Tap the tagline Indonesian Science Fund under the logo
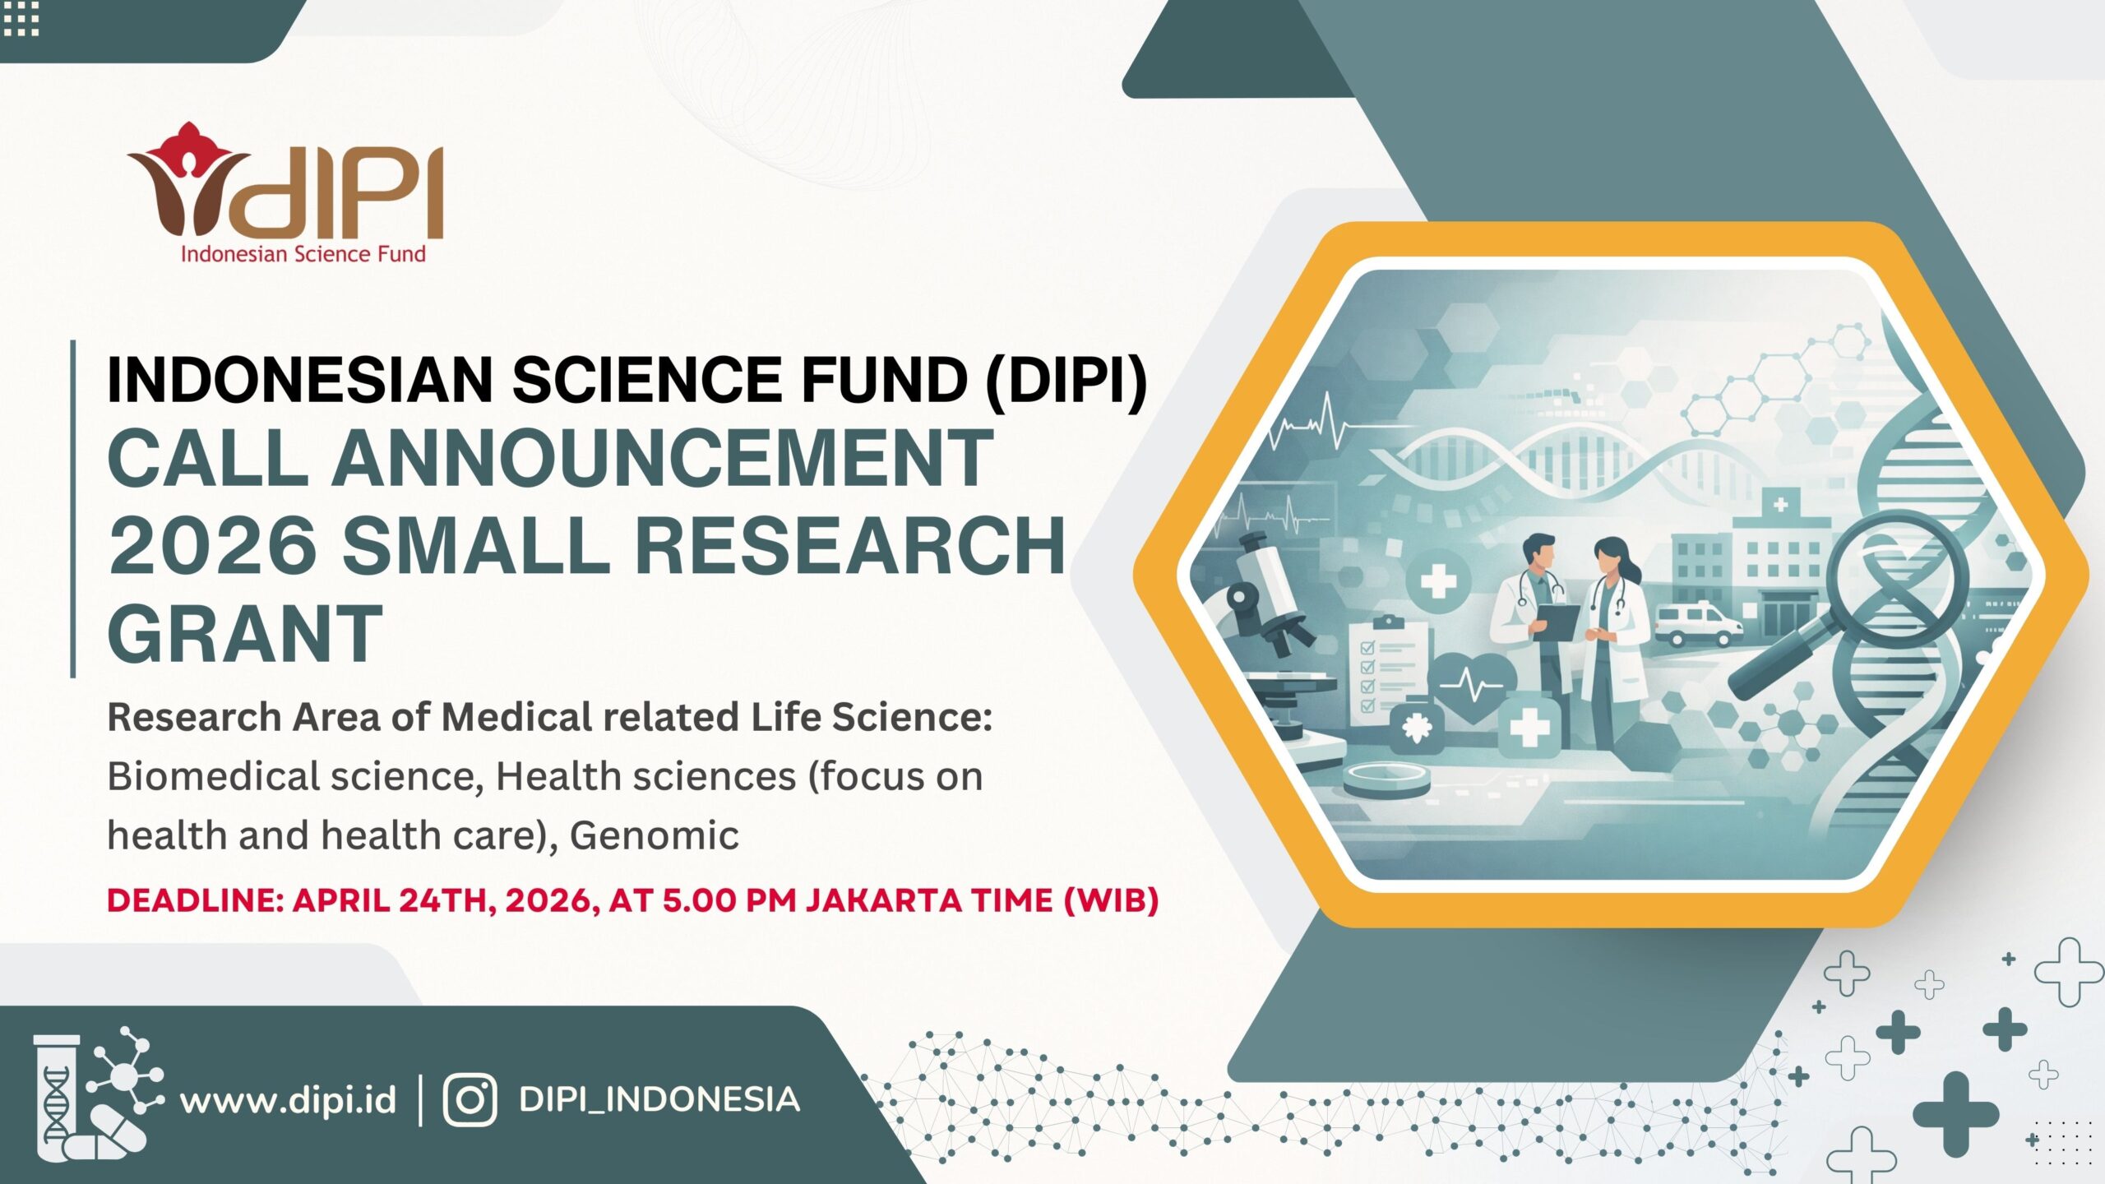pyautogui.click(x=303, y=254)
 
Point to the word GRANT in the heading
pyautogui.click(x=245, y=632)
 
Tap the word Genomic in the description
pyautogui.click(x=655, y=836)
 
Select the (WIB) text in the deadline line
pyautogui.click(x=1111, y=900)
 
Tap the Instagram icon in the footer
pyautogui.click(x=470, y=1100)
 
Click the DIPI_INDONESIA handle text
pyautogui.click(x=659, y=1100)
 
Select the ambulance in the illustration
pyautogui.click(x=1696, y=625)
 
